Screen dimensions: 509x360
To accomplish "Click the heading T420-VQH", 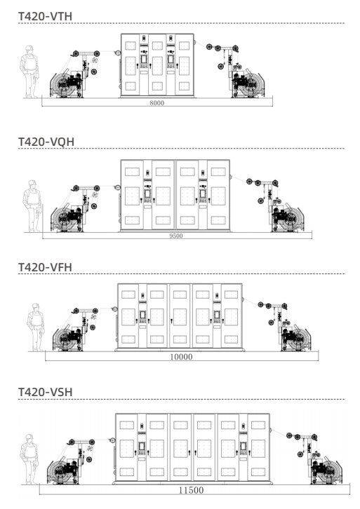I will tap(46, 142).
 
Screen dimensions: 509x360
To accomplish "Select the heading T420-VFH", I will tap(45, 267).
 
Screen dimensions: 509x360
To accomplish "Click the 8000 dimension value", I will tap(157, 103).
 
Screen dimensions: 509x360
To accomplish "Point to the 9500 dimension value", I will tap(175, 236).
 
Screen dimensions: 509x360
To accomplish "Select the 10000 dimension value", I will tap(181, 357).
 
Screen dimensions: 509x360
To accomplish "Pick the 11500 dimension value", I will tap(192, 491).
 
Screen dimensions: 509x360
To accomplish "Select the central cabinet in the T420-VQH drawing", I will tap(175, 195).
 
